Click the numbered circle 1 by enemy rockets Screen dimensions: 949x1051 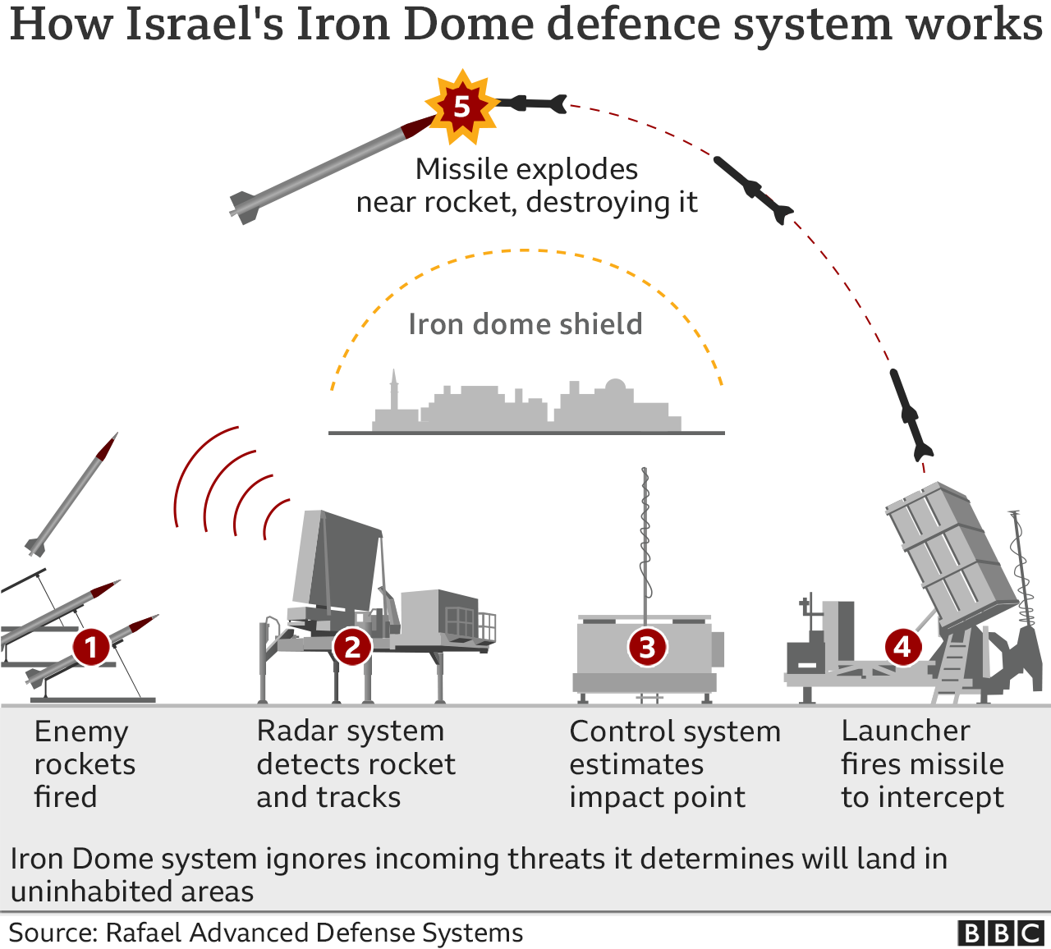coord(90,647)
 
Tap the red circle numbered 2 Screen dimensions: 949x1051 coord(352,647)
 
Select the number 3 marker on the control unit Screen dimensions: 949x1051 coord(647,647)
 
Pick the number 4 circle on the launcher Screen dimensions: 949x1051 coord(902,647)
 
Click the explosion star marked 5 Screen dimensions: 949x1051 coord(461,107)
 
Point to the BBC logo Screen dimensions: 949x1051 coord(1000,933)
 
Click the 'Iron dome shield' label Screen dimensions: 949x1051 coord(525,324)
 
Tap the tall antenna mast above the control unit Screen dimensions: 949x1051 coord(645,534)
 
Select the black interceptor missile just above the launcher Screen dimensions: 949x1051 coord(912,415)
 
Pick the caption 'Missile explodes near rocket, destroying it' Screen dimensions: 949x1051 coord(526,186)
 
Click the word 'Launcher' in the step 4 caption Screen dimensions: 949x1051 coord(906,731)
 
